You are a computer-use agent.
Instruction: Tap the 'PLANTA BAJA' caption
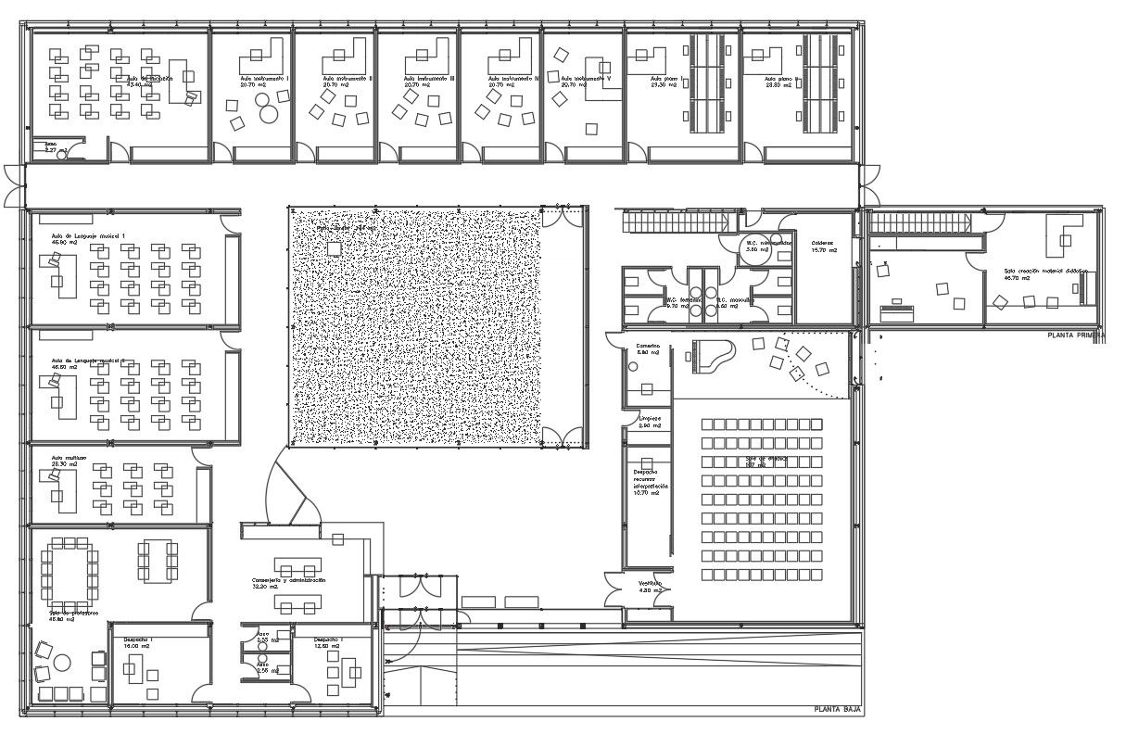pyautogui.click(x=837, y=710)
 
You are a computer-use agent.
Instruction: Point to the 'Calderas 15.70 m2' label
pyautogui.click(x=823, y=247)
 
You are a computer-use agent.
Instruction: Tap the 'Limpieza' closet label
pyautogui.click(x=650, y=422)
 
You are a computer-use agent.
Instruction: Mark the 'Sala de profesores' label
pyautogui.click(x=74, y=615)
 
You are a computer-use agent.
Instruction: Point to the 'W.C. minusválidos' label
pyautogui.click(x=768, y=247)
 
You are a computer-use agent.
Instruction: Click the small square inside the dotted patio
pyautogui.click(x=334, y=247)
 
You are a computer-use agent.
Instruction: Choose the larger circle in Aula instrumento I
pyautogui.click(x=269, y=114)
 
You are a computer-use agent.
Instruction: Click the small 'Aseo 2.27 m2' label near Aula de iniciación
pyautogui.click(x=50, y=146)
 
